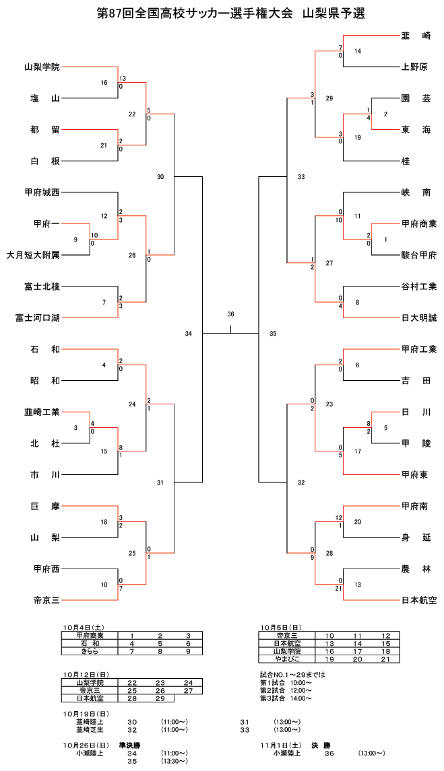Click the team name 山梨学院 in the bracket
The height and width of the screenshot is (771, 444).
42,67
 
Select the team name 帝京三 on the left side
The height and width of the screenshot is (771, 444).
46,600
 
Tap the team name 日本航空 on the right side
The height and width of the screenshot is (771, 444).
418,600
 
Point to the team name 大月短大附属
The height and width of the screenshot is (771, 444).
33,255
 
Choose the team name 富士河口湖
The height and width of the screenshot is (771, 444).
38,318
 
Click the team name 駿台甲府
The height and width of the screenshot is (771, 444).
418,255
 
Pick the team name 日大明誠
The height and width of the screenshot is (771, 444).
418,318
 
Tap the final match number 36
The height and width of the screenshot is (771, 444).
230,314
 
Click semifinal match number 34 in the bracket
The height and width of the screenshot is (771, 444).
189,334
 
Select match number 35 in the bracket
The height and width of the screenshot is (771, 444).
273,334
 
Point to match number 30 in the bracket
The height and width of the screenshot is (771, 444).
160,177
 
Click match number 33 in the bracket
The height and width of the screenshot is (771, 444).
301,177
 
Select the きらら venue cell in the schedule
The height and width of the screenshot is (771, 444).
90,651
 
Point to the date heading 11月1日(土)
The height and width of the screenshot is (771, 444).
281,745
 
